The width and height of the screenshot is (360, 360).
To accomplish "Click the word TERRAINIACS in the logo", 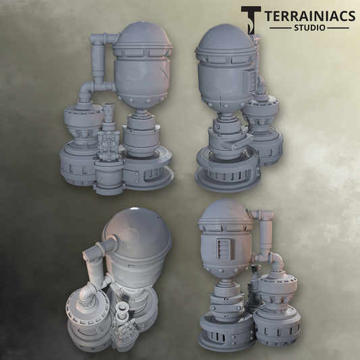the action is (310, 16).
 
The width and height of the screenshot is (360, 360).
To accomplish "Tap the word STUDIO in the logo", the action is (310, 28).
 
